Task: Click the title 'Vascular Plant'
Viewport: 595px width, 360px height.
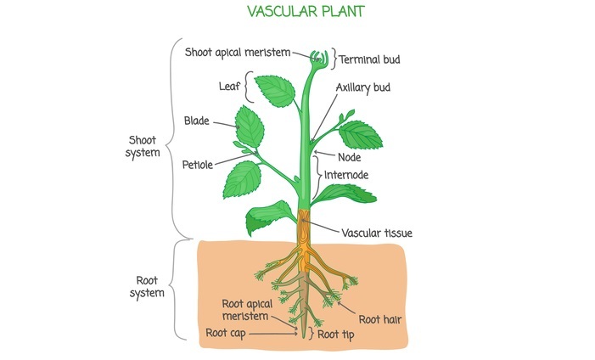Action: click(297, 13)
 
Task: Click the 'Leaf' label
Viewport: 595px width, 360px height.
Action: click(227, 86)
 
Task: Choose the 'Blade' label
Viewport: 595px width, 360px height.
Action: click(196, 121)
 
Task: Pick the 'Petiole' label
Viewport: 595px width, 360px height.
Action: click(197, 165)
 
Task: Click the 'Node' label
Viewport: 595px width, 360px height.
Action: click(350, 157)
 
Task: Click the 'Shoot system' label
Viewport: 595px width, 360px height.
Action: click(143, 146)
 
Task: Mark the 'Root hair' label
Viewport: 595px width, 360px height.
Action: click(379, 319)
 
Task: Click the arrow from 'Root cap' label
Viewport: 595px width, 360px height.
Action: click(272, 334)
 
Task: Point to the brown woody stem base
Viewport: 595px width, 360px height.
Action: click(305, 228)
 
